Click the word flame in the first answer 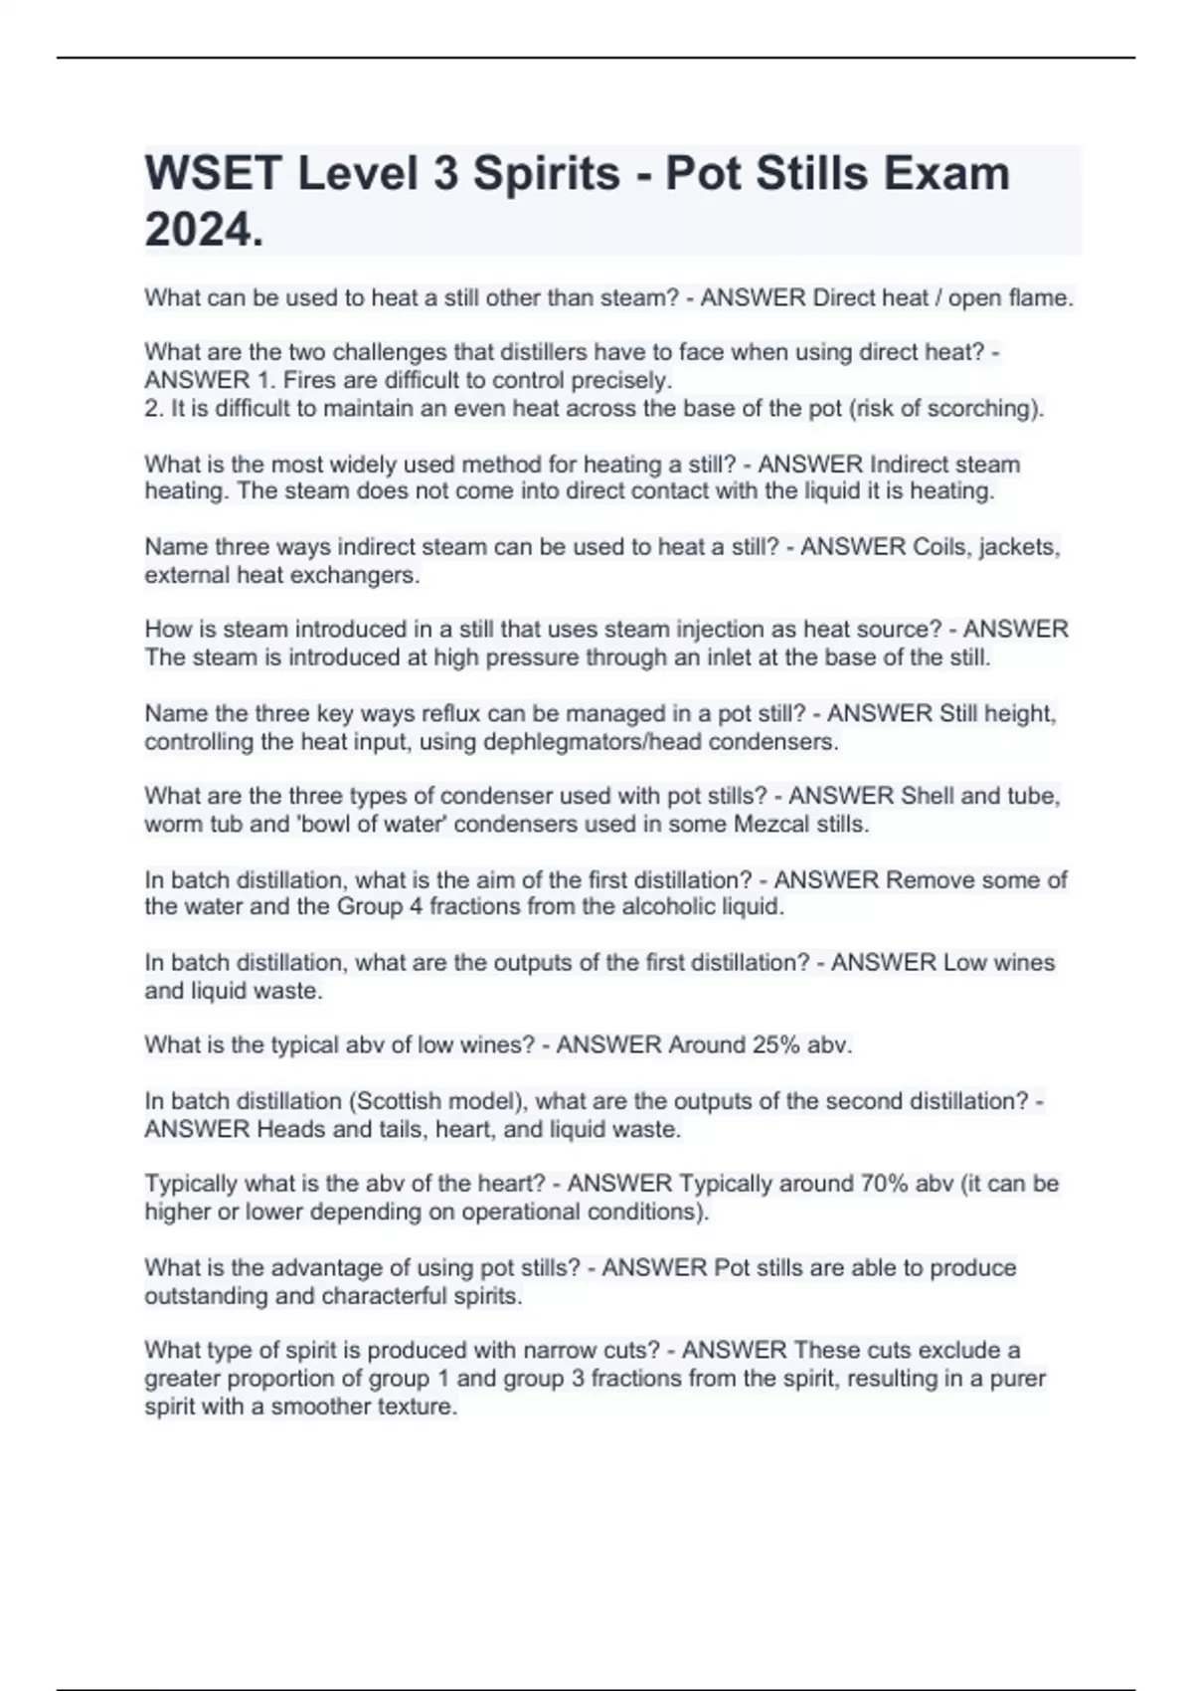1038,298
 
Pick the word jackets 1020,547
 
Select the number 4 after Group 416,907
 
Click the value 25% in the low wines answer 751,1045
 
